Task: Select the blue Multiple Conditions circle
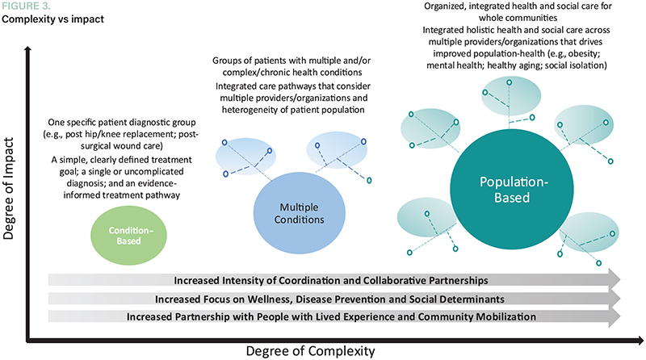290,212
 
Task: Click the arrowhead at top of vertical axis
29,50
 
